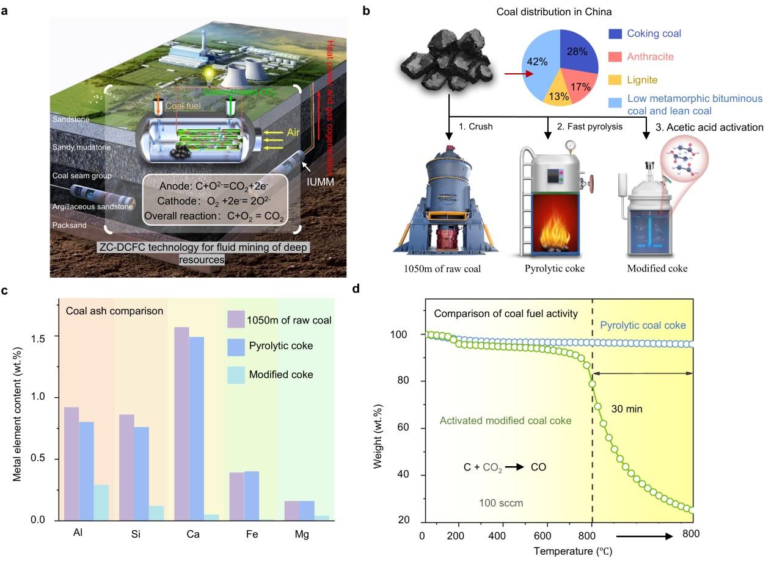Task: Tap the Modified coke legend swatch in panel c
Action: pos(236,374)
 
